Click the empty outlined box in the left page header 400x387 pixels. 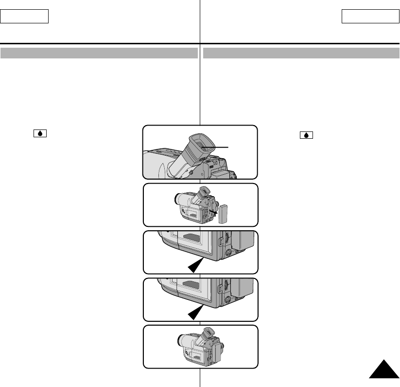25,17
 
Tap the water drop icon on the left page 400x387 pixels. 40,133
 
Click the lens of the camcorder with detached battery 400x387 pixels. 178,199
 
